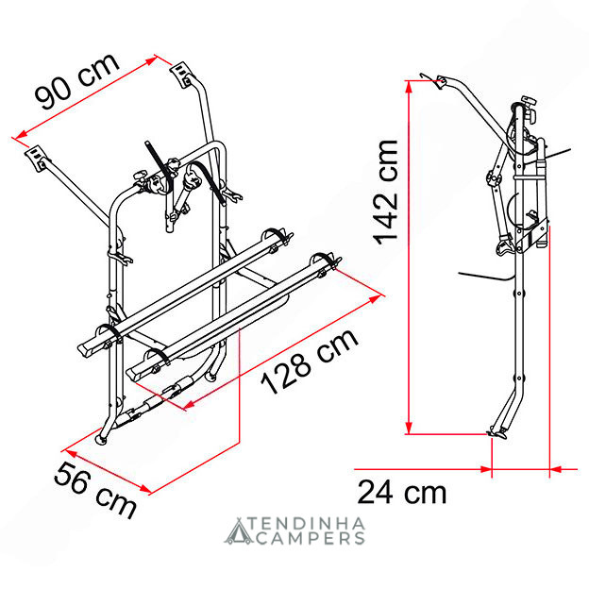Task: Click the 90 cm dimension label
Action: click(x=77, y=81)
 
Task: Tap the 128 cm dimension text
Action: click(x=310, y=362)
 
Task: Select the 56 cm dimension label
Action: click(x=95, y=490)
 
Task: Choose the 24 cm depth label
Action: click(x=402, y=492)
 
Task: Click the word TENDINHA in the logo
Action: click(x=307, y=524)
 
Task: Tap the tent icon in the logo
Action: click(x=238, y=531)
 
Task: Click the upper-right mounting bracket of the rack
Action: click(x=182, y=75)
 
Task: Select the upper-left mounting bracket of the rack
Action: click(x=37, y=158)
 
